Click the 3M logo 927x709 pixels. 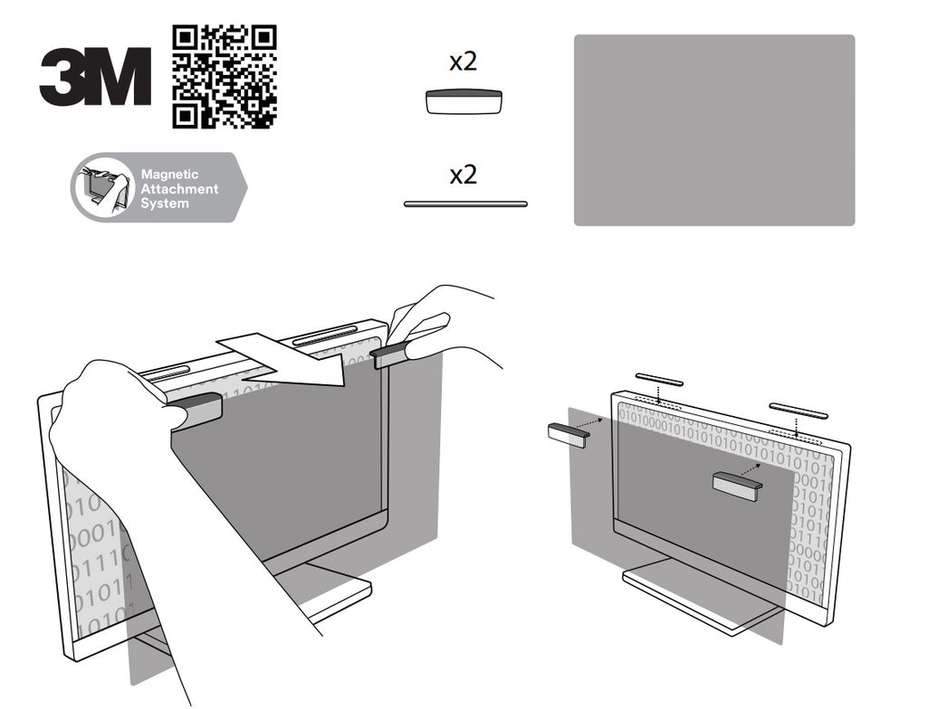pos(95,77)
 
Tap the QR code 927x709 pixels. pos(225,77)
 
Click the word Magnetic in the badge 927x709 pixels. pos(169,175)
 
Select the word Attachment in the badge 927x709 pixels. pos(180,189)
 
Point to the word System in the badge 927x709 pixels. pos(165,203)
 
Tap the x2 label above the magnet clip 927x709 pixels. pos(463,61)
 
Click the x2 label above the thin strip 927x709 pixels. pos(463,175)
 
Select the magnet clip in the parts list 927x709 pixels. pos(464,101)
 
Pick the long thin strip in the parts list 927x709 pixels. pos(465,204)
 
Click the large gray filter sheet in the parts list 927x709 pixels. pos(714,130)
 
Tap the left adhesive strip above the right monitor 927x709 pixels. pos(659,379)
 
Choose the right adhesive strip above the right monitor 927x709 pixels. pos(798,411)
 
